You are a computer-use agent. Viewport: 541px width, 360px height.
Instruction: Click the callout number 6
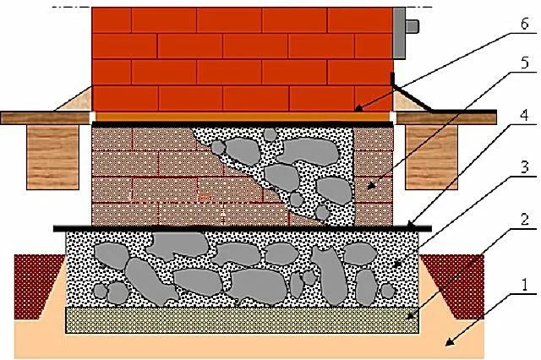tap(524, 24)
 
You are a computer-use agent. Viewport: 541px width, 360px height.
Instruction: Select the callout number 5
tap(524, 63)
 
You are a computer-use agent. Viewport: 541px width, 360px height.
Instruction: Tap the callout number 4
tap(524, 115)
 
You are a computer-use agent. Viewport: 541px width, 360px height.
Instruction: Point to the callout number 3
tap(524, 167)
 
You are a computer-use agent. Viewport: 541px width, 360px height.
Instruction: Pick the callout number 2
tap(524, 220)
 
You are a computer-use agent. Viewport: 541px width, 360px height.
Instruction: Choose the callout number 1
tap(524, 286)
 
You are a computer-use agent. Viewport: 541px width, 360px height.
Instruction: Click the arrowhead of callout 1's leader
tap(449, 341)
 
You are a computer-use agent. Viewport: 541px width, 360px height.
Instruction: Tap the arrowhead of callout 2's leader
tap(410, 315)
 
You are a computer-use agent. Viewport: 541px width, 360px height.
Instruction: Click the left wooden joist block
tap(52, 157)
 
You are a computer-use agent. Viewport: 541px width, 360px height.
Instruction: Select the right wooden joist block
tap(432, 157)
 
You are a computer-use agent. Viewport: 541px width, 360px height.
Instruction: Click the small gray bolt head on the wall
tap(413, 26)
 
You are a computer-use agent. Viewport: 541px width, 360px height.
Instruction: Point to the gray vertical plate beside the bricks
tap(399, 33)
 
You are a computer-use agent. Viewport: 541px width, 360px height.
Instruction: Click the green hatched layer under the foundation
tap(243, 320)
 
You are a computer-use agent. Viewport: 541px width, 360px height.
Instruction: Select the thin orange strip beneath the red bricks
tap(243, 117)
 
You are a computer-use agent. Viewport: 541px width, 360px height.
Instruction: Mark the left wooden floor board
tap(46, 118)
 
